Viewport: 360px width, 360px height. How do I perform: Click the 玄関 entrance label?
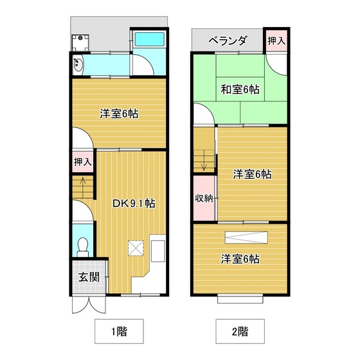coord(89,277)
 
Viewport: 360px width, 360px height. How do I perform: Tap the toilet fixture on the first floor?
coord(83,248)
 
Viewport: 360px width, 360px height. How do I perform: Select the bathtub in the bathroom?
coord(149,39)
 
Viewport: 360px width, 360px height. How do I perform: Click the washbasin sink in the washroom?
coord(78,64)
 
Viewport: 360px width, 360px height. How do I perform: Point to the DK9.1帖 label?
coord(134,203)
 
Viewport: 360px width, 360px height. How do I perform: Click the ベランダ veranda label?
coord(228,41)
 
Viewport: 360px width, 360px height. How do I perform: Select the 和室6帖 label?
coord(240,89)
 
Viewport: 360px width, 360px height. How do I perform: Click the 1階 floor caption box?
coord(119,331)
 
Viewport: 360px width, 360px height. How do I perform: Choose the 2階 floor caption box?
coord(240,331)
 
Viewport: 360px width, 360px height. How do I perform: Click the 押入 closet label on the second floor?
coord(276,41)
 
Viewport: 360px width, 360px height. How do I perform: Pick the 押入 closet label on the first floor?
coord(83,162)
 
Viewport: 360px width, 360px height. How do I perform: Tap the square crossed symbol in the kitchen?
coord(136,248)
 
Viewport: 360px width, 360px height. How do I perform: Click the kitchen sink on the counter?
coord(158,251)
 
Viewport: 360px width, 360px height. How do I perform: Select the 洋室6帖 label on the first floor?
coord(119,114)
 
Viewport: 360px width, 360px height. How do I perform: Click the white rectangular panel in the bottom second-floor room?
coord(246,237)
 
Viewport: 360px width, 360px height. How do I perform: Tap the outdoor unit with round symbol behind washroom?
coord(80,42)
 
